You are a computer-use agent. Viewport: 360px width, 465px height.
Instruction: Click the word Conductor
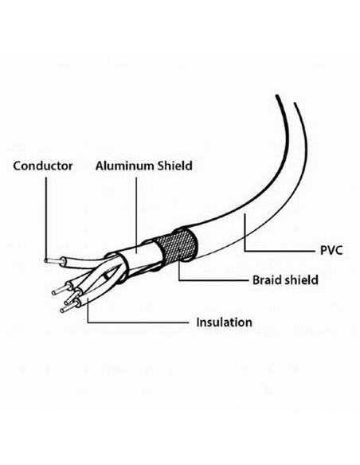pos(43,166)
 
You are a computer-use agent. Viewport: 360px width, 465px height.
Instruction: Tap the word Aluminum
pos(125,166)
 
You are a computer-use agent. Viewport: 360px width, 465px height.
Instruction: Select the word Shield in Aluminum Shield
pos(174,166)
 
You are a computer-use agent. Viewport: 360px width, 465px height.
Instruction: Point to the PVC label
pos(331,250)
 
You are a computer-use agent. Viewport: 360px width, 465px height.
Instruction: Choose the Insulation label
pos(224,322)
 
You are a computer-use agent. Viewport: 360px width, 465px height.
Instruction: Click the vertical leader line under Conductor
pos(46,218)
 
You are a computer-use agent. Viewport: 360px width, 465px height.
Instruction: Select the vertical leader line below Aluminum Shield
pos(136,215)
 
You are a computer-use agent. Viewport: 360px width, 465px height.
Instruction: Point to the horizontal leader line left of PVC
pos(280,251)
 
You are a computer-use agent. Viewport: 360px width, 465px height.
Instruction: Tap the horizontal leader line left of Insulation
pos(139,322)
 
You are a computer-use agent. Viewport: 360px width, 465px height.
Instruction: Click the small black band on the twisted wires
pos(105,276)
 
